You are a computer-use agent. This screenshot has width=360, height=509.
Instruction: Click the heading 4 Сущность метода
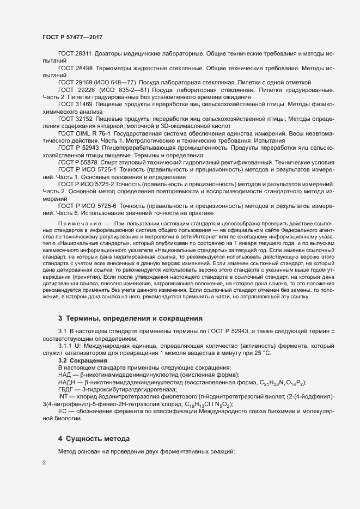pyautogui.click(x=94, y=438)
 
